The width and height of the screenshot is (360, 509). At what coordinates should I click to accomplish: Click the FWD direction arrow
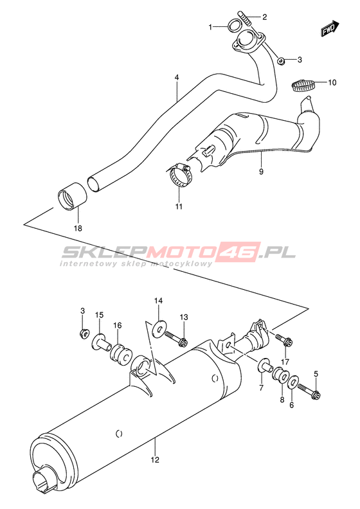click(x=330, y=29)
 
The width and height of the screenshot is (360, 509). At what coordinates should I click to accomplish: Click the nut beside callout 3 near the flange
click(x=282, y=60)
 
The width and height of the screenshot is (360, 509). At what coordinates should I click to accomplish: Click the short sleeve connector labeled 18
click(x=73, y=197)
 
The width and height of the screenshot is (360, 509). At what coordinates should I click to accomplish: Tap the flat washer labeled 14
click(x=159, y=329)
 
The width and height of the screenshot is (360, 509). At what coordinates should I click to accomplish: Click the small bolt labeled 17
click(x=284, y=340)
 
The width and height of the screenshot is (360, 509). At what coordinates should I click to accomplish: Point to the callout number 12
click(x=155, y=460)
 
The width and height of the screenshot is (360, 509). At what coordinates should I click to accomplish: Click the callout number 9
click(x=261, y=172)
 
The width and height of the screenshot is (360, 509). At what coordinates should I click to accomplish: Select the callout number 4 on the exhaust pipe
click(x=177, y=78)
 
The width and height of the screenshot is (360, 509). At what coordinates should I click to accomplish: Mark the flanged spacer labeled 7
click(x=265, y=366)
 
